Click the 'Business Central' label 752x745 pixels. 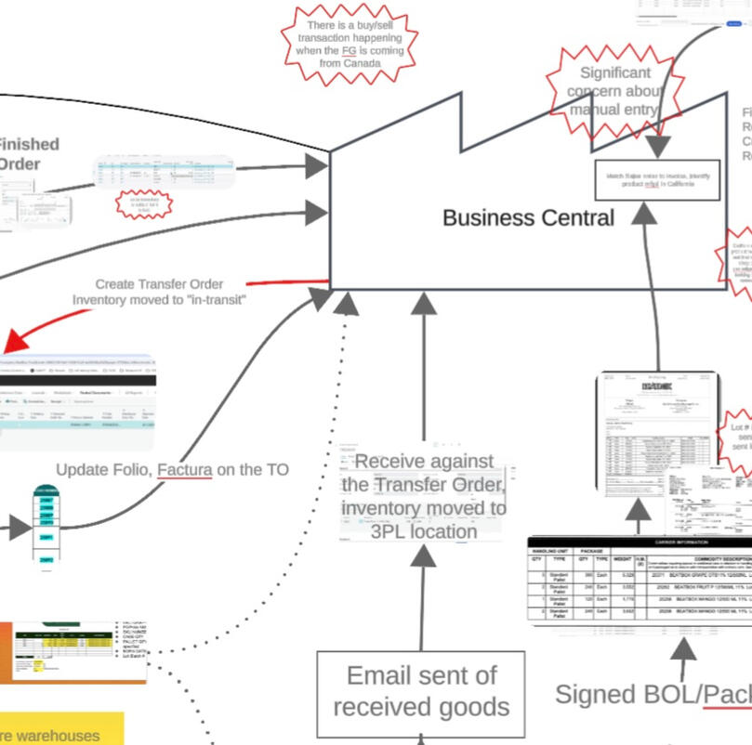pos(527,218)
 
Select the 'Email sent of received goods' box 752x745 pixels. pos(421,690)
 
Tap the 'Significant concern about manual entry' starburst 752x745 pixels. pos(614,91)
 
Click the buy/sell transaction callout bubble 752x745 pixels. pos(350,43)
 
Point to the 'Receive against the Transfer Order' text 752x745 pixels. pos(423,496)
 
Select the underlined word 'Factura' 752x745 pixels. pos(185,470)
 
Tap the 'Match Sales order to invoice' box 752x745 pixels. pos(657,179)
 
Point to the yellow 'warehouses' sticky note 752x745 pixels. pos(61,729)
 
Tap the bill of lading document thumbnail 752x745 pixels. pos(658,433)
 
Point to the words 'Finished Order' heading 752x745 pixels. pos(28,154)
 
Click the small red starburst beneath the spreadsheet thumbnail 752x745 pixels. pos(144,204)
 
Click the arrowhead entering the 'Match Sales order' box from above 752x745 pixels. pos(657,148)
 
